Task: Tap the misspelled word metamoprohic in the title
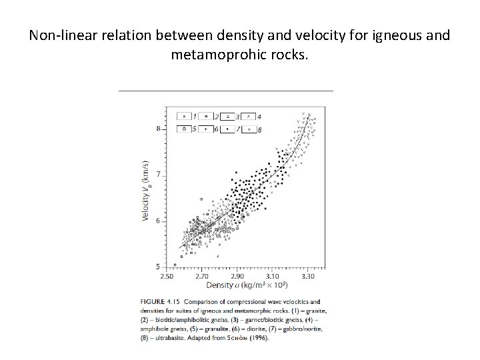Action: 215,54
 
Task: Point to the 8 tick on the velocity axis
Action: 159,128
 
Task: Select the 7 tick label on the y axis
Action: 159,175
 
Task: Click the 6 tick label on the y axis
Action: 159,221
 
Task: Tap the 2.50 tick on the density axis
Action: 167,275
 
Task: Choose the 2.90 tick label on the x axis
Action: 237,275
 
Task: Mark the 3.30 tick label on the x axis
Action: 307,275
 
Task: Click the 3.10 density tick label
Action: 273,275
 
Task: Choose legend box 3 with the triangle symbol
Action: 227,117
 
